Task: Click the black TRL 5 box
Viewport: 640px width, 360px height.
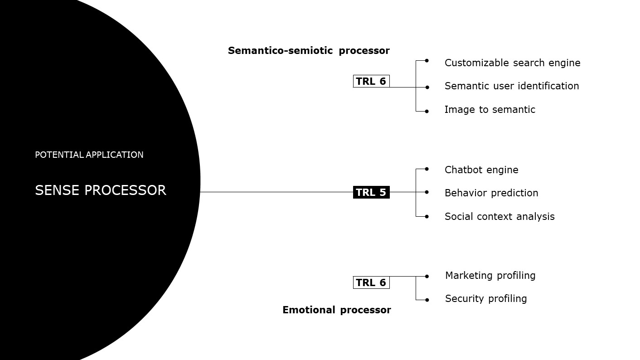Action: click(371, 192)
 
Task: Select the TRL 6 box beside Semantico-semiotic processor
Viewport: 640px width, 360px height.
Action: click(371, 81)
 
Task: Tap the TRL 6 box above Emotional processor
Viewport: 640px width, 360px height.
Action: click(371, 282)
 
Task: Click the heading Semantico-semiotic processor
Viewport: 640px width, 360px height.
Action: click(309, 51)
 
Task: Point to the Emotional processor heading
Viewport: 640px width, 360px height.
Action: click(336, 310)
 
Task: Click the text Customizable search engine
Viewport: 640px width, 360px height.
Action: click(512, 63)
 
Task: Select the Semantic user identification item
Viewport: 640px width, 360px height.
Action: click(512, 86)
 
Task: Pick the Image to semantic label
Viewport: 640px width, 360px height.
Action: click(490, 110)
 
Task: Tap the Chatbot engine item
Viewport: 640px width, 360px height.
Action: click(481, 170)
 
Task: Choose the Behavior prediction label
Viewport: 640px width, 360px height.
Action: click(491, 193)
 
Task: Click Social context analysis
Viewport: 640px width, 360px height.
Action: click(499, 217)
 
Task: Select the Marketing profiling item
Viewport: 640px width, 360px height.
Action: click(490, 276)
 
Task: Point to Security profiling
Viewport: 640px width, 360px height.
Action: click(486, 299)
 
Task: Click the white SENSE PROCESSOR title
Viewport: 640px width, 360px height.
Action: click(101, 190)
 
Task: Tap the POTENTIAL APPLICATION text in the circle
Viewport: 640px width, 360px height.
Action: click(89, 155)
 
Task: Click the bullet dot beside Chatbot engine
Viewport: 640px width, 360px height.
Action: click(427, 169)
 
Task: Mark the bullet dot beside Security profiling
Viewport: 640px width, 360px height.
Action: click(427, 300)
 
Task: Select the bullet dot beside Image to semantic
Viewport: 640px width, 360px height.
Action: click(427, 111)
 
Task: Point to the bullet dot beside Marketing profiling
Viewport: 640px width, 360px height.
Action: click(427, 276)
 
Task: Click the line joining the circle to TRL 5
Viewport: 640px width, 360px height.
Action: click(276, 192)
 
